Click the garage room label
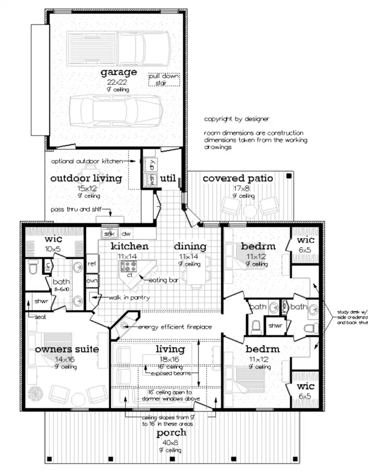click(118, 73)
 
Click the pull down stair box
click(164, 79)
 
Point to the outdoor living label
click(86, 179)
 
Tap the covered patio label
click(237, 179)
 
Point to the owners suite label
click(67, 349)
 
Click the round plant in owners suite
click(36, 394)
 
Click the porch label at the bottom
click(171, 433)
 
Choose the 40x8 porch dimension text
click(171, 443)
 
